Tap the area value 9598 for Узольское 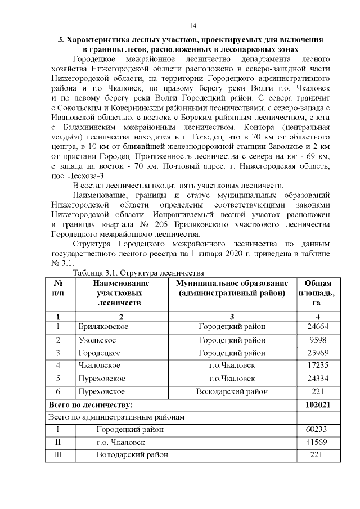click(x=318, y=340)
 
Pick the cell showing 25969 click(x=318, y=353)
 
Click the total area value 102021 click(x=318, y=404)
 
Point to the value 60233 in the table click(x=318, y=430)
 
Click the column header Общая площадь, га click(x=318, y=293)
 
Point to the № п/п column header click(x=58, y=288)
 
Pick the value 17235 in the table click(x=318, y=366)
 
